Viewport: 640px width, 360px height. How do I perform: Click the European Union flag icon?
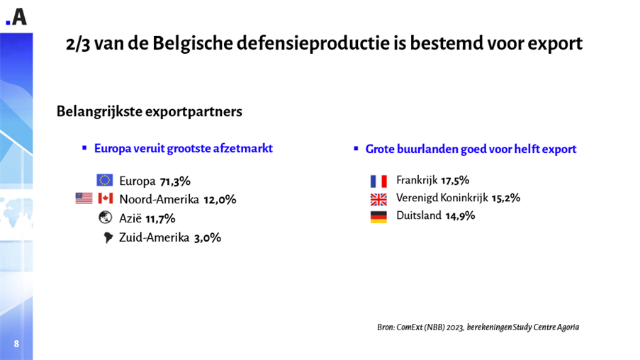(x=105, y=180)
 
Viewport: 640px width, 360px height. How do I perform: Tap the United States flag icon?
(x=84, y=198)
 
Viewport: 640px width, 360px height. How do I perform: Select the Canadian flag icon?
(x=106, y=198)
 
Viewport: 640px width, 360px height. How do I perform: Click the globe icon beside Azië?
(x=106, y=218)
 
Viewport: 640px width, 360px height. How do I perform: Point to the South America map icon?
(x=108, y=237)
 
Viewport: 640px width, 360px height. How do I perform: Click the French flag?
(x=378, y=181)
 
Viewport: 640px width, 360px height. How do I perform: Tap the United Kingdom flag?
(x=378, y=199)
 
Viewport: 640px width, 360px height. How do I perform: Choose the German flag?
(x=378, y=217)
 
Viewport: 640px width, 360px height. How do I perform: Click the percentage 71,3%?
(x=175, y=181)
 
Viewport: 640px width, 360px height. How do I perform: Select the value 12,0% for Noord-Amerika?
(x=220, y=200)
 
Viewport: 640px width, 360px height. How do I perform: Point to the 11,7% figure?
(x=160, y=219)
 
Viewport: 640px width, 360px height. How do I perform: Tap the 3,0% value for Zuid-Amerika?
(x=207, y=238)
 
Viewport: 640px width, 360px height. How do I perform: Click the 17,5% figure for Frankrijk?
(x=455, y=180)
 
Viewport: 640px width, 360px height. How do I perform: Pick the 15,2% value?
(x=505, y=198)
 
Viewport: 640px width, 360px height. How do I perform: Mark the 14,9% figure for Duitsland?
(x=460, y=216)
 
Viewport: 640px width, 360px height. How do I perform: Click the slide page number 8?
(x=16, y=344)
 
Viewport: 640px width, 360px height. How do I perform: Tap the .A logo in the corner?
(x=16, y=17)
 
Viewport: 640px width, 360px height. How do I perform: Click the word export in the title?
(x=555, y=44)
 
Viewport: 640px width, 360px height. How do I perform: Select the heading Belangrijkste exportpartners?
(x=149, y=112)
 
